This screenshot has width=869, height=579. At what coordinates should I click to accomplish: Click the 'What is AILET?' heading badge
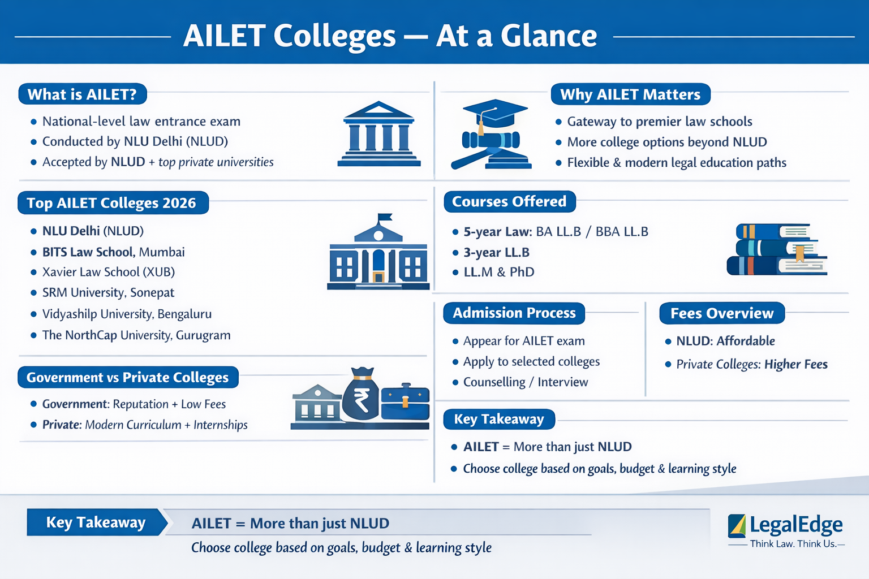(83, 94)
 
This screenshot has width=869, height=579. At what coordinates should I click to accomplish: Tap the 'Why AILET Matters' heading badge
(630, 94)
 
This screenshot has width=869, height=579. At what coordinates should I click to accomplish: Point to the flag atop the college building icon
(385, 217)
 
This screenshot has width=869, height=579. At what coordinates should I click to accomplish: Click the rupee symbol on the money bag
(361, 400)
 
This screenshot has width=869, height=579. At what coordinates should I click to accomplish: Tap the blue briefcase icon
(405, 403)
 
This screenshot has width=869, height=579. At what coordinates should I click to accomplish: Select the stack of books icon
(776, 249)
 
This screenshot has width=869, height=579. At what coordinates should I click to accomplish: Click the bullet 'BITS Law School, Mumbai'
(113, 252)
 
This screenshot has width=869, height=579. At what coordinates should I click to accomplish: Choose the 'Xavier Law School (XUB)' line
(108, 272)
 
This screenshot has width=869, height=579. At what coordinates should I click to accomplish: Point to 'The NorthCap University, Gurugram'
(136, 335)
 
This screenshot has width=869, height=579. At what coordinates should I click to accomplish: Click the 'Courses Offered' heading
(509, 202)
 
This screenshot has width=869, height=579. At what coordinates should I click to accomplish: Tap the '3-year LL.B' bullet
(496, 253)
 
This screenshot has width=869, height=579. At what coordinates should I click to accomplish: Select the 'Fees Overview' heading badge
(721, 313)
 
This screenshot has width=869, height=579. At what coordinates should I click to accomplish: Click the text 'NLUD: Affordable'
(725, 341)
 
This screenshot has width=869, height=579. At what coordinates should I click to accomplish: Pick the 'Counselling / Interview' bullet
(525, 382)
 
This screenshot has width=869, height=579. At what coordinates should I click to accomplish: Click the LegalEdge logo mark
(737, 526)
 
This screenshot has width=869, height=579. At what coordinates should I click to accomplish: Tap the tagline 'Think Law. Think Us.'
(793, 544)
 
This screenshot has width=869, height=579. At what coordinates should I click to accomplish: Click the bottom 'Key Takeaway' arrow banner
(96, 522)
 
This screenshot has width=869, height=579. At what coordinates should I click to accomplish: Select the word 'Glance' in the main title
(548, 36)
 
